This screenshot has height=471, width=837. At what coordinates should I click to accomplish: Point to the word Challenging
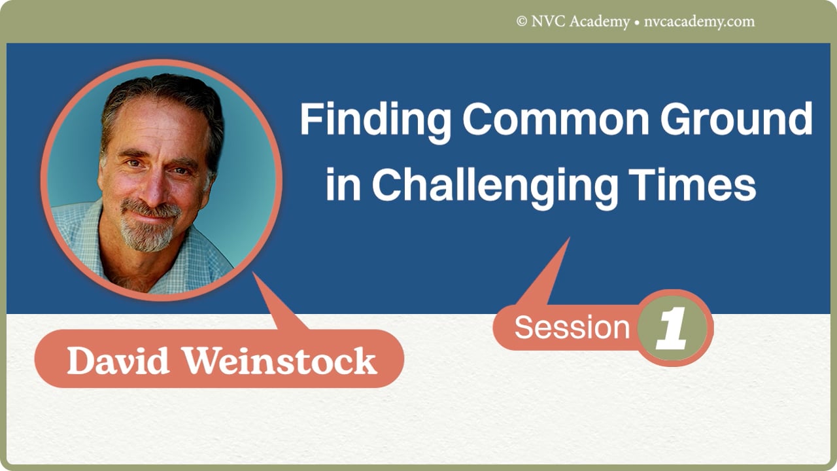tap(494, 185)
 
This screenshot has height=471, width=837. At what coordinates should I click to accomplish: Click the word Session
tap(571, 327)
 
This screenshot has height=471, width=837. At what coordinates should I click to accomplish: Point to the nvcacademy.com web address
tap(698, 22)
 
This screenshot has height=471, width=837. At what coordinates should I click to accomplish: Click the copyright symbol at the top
tap(522, 22)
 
